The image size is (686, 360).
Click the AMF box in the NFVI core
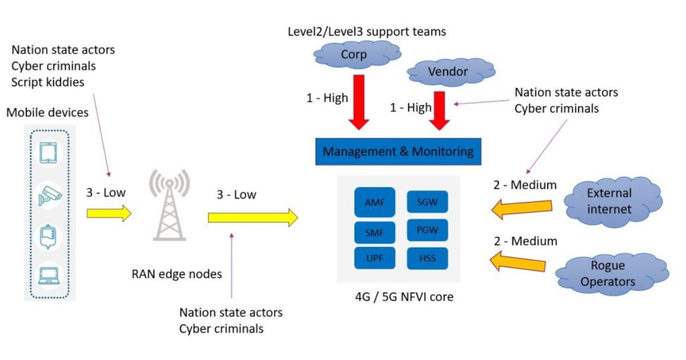[x=374, y=202]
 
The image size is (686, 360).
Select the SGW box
[x=427, y=202]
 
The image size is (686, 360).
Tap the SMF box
[x=374, y=233]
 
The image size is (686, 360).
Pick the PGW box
[x=427, y=230]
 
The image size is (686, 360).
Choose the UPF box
[x=374, y=258]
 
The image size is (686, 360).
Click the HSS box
[x=427, y=258]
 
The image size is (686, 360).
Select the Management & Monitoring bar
[x=398, y=152]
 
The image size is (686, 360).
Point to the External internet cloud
[x=609, y=201]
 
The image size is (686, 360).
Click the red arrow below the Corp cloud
[x=358, y=101]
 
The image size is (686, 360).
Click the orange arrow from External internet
[x=521, y=209]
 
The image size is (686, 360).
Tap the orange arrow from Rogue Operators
[x=519, y=262]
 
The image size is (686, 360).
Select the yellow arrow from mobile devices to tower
[x=109, y=213]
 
